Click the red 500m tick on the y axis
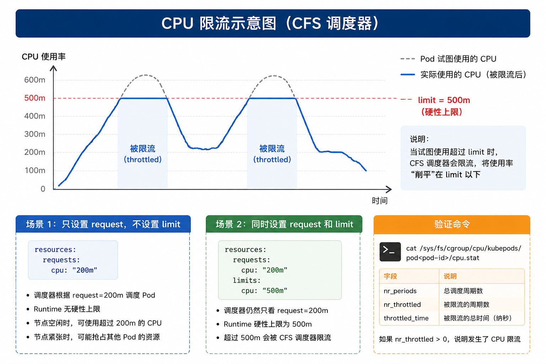[34, 98]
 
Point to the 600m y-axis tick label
[34, 80]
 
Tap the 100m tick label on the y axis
[35, 170]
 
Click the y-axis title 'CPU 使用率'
[44, 57]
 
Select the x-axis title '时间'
[380, 200]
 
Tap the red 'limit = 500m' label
[444, 100]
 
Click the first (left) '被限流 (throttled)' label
[143, 154]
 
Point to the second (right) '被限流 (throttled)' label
[272, 154]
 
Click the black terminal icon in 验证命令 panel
[390, 252]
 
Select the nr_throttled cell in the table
[402, 305]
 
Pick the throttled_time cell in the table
[406, 318]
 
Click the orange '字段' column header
[390, 276]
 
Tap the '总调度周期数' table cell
[463, 291]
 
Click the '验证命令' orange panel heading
[452, 224]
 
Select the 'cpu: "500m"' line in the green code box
[264, 291]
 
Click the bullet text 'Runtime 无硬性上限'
[67, 309]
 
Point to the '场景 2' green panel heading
[284, 224]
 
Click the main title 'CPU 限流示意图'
[219, 24]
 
